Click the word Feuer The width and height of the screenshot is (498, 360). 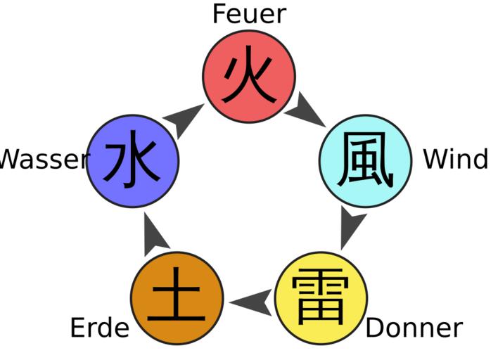tap(249, 14)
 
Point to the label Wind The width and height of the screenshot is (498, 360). tap(455, 160)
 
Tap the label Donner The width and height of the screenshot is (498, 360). tap(414, 328)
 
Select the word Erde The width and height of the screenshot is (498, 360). tap(100, 328)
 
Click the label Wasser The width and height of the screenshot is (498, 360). tap(44, 160)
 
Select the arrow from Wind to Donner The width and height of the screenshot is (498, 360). tap(352, 225)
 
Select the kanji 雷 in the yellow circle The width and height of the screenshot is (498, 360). tap(321, 298)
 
